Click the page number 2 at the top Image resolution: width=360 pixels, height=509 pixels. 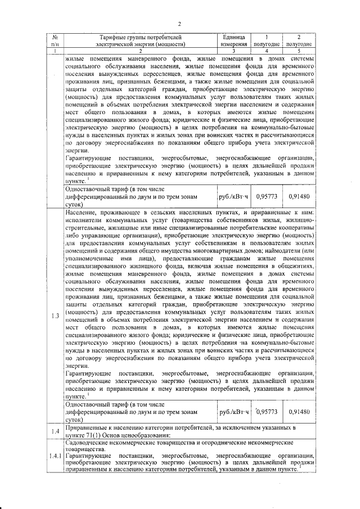point(179,24)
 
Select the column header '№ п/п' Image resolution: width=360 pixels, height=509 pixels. point(55,40)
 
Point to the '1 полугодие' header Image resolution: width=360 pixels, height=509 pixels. point(267,40)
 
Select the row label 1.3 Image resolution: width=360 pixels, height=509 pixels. point(55,316)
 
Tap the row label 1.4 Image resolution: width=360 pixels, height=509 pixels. point(55,431)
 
